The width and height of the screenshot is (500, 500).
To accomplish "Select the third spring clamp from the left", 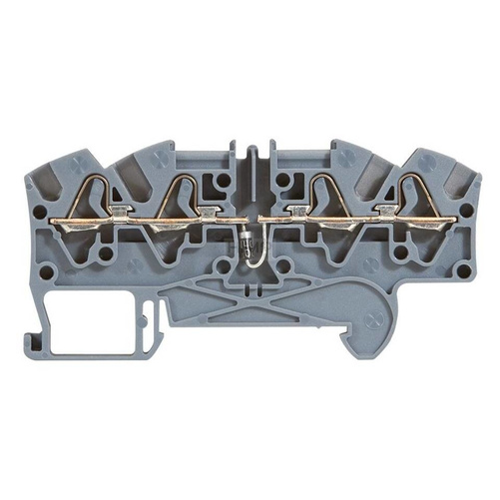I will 320,195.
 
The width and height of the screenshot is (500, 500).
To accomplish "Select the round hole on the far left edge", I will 40,212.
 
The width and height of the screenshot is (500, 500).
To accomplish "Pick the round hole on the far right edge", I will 464,212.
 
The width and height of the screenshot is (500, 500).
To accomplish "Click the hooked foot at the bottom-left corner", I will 45,334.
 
